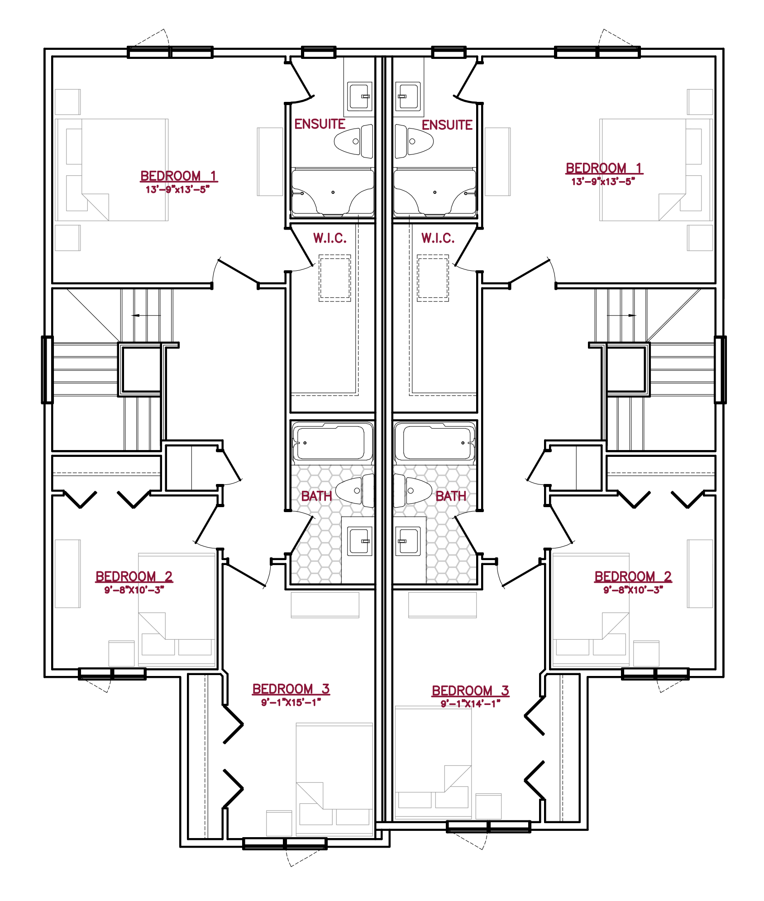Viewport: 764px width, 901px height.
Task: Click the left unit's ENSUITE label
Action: (x=320, y=124)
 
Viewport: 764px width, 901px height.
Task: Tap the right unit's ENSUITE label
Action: (x=447, y=125)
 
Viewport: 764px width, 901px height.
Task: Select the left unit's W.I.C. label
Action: (x=330, y=238)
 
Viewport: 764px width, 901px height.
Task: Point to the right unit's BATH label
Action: (x=451, y=496)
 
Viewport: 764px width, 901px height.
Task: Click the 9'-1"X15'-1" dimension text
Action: (x=291, y=702)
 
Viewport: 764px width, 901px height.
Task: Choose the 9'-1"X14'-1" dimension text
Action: (x=471, y=704)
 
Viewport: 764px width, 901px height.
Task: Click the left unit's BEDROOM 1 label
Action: (x=179, y=176)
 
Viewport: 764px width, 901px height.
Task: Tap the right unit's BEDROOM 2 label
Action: (x=633, y=577)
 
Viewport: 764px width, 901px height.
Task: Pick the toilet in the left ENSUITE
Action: (x=353, y=141)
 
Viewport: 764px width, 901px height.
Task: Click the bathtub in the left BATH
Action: (x=332, y=442)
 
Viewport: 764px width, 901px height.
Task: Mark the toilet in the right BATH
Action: (x=412, y=490)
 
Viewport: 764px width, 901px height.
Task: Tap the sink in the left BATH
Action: (x=360, y=541)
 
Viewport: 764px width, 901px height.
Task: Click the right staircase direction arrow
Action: (x=621, y=316)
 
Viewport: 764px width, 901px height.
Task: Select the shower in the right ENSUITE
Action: (x=435, y=192)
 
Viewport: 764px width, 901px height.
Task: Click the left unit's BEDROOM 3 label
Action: (x=291, y=689)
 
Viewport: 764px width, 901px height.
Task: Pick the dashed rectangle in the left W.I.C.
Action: (x=335, y=278)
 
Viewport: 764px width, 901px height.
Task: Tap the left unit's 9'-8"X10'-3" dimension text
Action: (x=134, y=590)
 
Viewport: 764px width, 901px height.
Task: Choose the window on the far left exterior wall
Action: (x=48, y=369)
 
